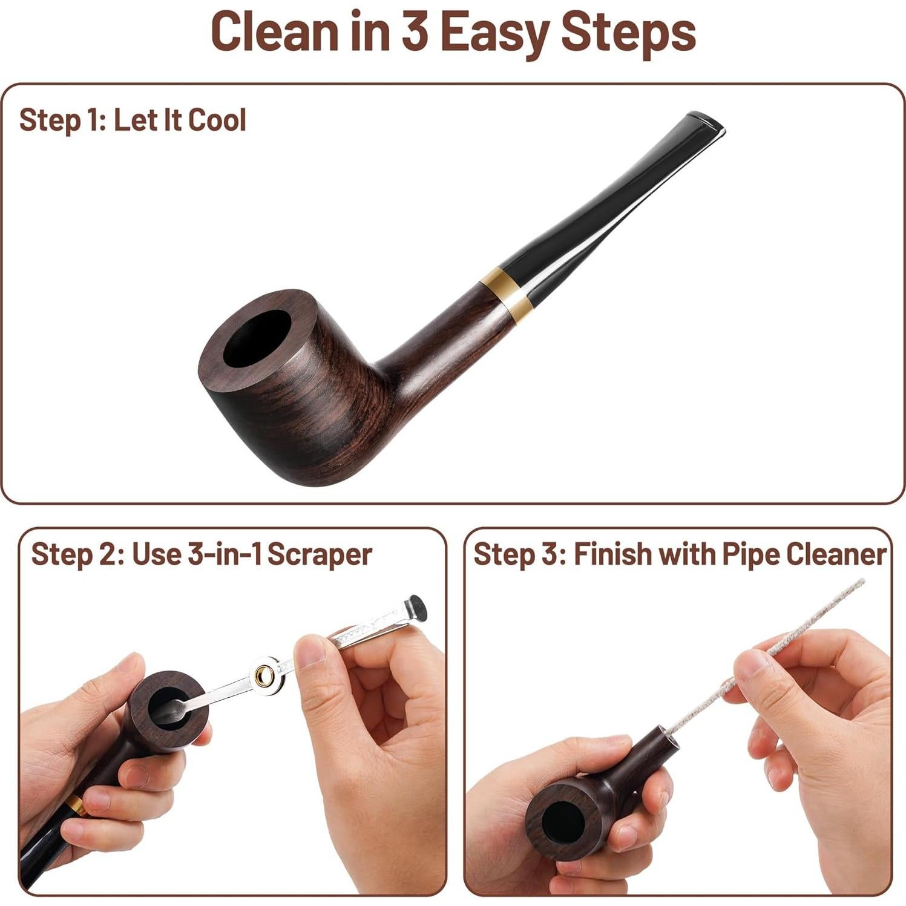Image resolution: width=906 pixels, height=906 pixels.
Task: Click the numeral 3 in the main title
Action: pyautogui.click(x=415, y=31)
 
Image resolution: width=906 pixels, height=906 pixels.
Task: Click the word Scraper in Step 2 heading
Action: pyautogui.click(x=320, y=554)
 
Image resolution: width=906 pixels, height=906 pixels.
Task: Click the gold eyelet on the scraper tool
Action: pyautogui.click(x=264, y=675)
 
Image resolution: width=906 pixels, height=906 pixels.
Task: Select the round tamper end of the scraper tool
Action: pyautogui.click(x=416, y=608)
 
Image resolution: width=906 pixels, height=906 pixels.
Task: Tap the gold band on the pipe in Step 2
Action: pyautogui.click(x=76, y=805)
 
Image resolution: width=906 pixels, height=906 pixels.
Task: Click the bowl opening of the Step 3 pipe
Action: pyautogui.click(x=563, y=824)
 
